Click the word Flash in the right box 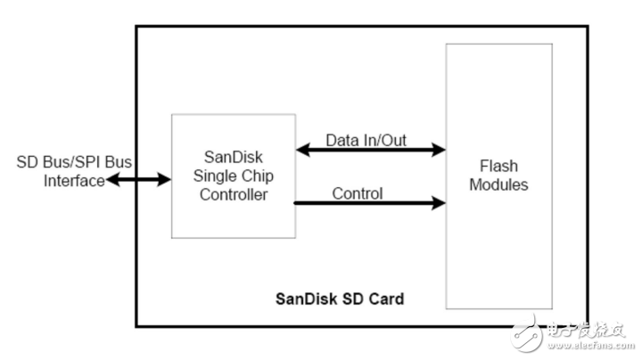coord(498,167)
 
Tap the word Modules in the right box coord(498,185)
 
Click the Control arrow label coord(357,193)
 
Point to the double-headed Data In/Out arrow coord(370,151)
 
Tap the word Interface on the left coord(75,181)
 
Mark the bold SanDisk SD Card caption coord(338,299)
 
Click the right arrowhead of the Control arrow coord(439,204)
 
